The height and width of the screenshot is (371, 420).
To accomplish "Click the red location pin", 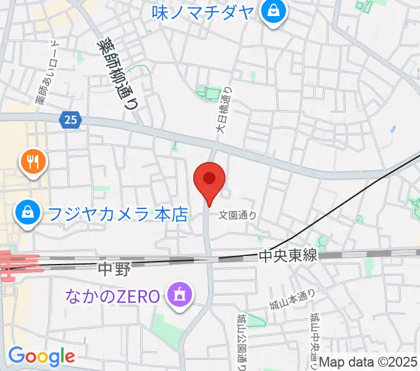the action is [x=209, y=180].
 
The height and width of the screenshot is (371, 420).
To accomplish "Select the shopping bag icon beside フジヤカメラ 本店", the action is [x=28, y=214].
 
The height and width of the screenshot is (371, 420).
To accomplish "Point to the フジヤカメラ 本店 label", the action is [x=117, y=215].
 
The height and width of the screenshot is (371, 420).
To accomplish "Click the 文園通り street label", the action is [x=238, y=216].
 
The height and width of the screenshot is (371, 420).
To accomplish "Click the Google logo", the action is [x=41, y=356].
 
